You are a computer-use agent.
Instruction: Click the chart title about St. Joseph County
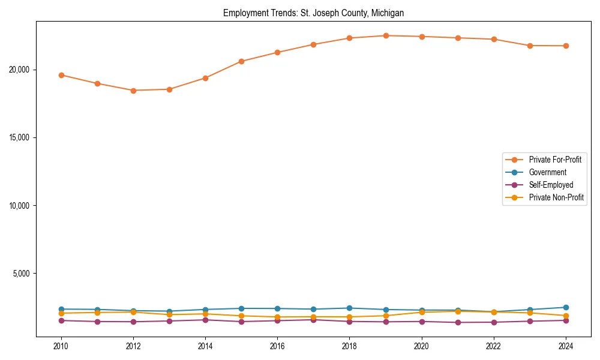click(313, 13)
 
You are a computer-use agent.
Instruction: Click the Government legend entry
click(547, 172)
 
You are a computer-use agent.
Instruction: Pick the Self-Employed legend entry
click(551, 185)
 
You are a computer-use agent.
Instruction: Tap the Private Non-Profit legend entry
click(556, 197)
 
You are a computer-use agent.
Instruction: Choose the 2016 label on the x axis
click(277, 346)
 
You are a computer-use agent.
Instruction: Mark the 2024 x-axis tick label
click(566, 346)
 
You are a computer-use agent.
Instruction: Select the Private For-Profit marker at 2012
click(133, 91)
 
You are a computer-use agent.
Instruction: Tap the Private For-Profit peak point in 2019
click(386, 35)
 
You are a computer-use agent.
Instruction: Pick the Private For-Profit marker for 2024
click(566, 46)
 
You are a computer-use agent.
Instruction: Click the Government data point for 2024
click(566, 307)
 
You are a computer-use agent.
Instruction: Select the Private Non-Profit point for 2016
click(277, 317)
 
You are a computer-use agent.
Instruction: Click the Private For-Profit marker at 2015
click(241, 61)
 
